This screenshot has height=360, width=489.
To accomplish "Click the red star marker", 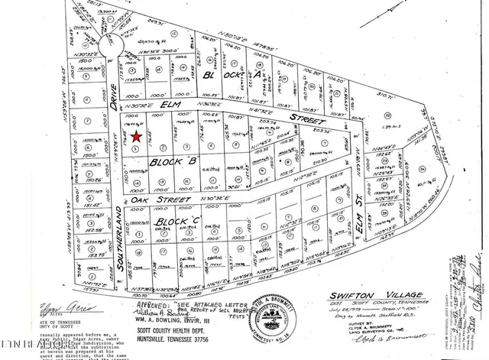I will [136, 137].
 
